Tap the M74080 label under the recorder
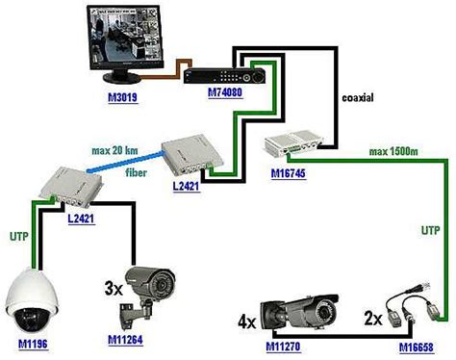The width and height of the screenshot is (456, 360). (x=224, y=96)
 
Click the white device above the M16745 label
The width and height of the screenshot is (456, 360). (x=293, y=145)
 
